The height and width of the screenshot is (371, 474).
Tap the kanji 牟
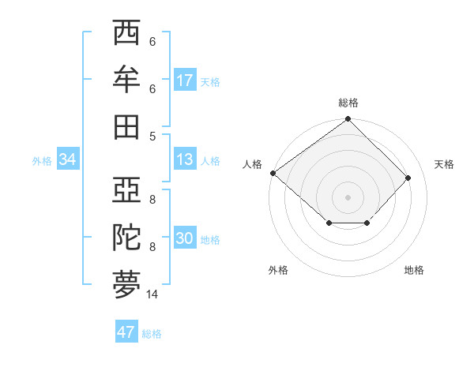click(x=126, y=80)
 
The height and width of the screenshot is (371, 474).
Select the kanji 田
click(x=126, y=126)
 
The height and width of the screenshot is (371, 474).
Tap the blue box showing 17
click(x=184, y=81)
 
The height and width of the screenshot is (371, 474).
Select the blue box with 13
click(x=184, y=159)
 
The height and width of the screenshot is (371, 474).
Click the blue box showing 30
click(x=184, y=238)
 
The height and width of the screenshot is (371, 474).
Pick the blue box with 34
click(x=67, y=160)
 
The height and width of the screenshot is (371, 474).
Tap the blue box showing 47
click(x=126, y=332)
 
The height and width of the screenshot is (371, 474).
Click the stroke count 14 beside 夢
click(x=152, y=294)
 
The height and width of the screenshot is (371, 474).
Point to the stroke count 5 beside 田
click(x=152, y=136)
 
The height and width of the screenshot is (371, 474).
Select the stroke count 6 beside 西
click(x=152, y=42)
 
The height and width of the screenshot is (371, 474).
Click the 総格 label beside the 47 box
click(x=152, y=334)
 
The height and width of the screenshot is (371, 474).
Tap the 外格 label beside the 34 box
click(x=42, y=161)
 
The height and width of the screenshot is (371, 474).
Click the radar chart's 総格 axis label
click(x=348, y=103)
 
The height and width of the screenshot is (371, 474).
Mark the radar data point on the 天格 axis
click(x=408, y=178)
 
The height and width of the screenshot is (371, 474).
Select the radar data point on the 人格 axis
click(x=273, y=173)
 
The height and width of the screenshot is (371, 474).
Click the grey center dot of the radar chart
click(x=348, y=197)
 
